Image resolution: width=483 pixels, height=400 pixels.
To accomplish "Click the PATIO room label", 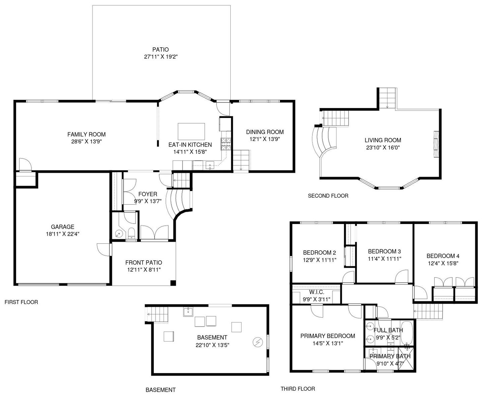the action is (x=160, y=49).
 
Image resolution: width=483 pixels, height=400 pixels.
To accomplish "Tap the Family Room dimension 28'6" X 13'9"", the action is (x=86, y=141).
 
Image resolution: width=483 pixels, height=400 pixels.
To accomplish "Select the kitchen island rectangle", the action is (x=191, y=131).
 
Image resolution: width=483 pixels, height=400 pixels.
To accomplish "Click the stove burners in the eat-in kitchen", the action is (x=226, y=144).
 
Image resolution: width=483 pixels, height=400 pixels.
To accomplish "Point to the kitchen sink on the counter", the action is (x=210, y=165).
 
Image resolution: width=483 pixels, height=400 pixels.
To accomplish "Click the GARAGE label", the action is (x=62, y=227).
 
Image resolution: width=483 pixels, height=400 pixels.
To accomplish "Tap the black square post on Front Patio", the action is (x=173, y=283).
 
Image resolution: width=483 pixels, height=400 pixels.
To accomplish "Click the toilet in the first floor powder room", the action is (x=132, y=233).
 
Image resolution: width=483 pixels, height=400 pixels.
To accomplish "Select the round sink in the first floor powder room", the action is (x=119, y=234).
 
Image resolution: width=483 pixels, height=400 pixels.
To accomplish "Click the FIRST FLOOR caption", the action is (x=21, y=302).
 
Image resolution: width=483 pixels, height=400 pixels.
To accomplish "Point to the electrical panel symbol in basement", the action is (x=258, y=342).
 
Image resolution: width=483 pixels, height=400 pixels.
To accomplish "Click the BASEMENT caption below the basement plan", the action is (x=161, y=390).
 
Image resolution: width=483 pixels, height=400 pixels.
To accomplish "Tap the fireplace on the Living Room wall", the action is (x=436, y=144).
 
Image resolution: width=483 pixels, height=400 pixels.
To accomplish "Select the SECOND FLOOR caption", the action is (x=328, y=196).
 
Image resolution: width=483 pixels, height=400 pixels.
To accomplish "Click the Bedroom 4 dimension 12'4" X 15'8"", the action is (x=443, y=263).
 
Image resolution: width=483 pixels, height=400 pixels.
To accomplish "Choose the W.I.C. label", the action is (x=317, y=292).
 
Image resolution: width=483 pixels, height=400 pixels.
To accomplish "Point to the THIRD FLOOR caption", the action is (x=298, y=389).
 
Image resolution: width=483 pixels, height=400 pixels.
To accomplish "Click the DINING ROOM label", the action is (x=265, y=132).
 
